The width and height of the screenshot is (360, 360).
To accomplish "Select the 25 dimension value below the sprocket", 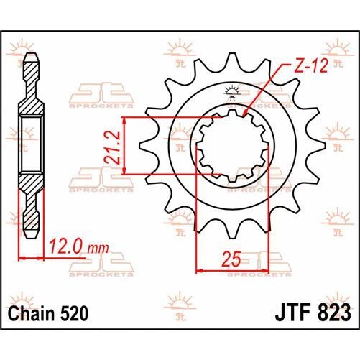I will coord(231,257).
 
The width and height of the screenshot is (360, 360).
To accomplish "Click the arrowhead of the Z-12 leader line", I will coord(246,112).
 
